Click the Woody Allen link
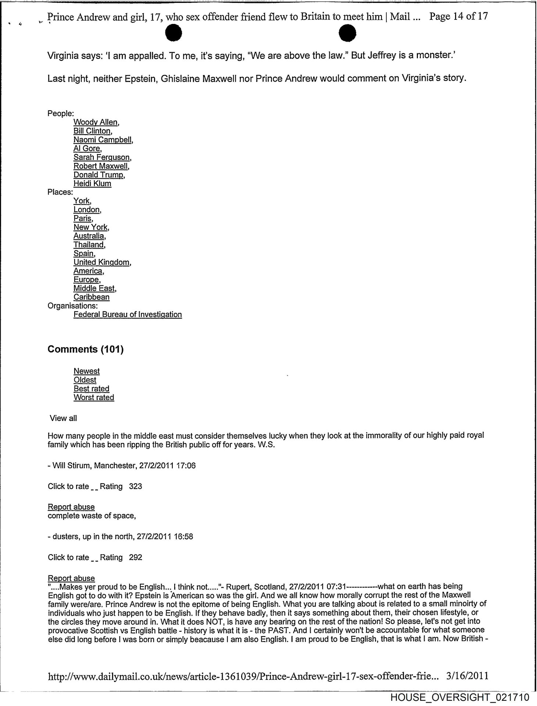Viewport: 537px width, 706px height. point(96,122)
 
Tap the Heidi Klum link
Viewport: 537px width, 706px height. point(92,183)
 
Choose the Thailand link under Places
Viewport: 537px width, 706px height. point(89,245)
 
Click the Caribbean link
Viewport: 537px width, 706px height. point(92,297)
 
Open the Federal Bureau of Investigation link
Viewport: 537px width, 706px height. point(128,314)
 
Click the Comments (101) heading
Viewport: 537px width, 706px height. point(86,349)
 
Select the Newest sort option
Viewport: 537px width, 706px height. point(86,371)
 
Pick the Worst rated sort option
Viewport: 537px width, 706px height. point(94,397)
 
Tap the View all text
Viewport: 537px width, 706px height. point(63,418)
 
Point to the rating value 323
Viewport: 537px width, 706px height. point(136,486)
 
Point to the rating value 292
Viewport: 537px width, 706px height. point(136,557)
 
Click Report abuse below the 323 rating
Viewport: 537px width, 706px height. point(71,507)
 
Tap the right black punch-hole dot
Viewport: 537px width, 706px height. point(347,33)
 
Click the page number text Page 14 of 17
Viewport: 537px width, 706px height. point(458,17)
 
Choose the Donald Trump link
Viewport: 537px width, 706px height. point(99,175)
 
